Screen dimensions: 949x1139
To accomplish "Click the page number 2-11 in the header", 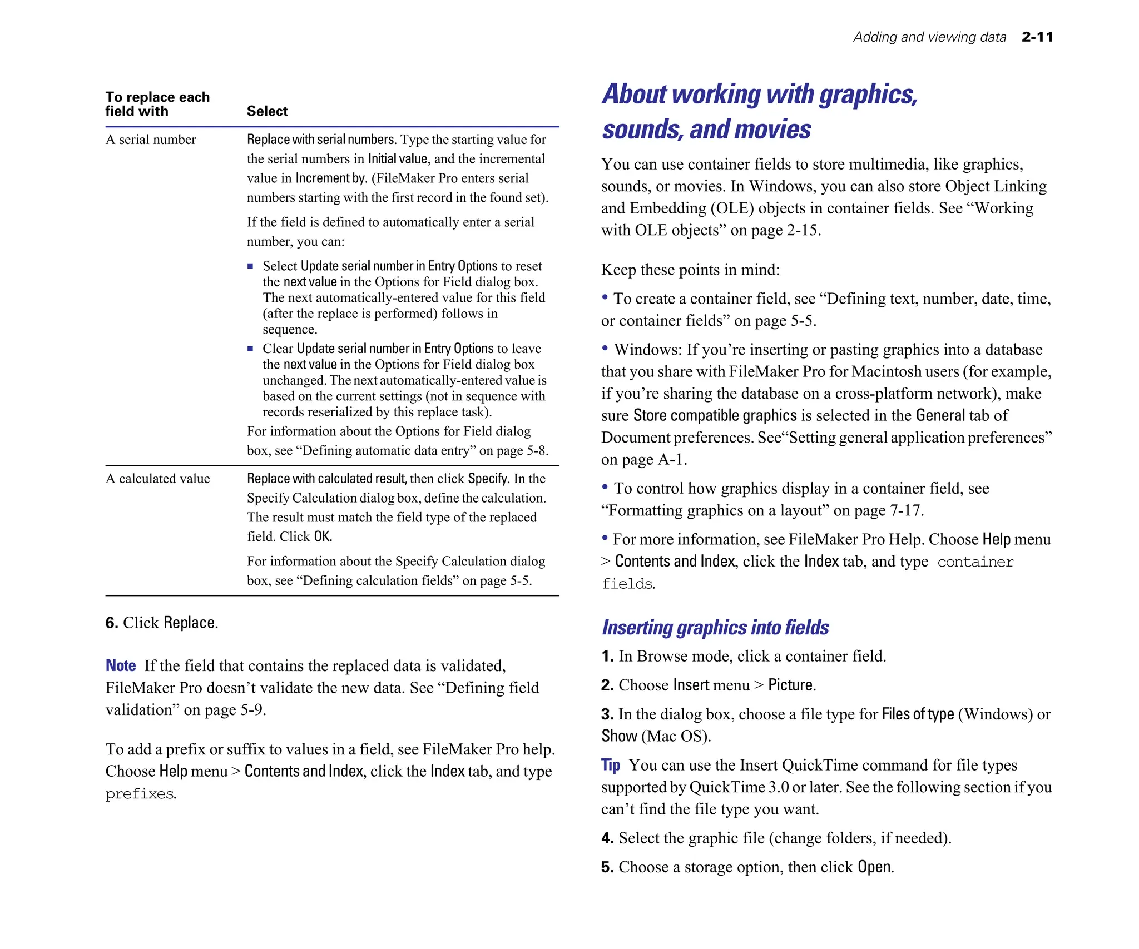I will click(1037, 37).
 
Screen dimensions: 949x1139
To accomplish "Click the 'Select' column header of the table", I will click(267, 111).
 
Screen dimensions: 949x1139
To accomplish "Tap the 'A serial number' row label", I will click(151, 140).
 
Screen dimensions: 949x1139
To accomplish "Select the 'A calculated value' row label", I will click(158, 479).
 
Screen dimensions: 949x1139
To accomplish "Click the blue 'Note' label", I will click(121, 665).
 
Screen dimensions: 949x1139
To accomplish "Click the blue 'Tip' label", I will click(610, 765).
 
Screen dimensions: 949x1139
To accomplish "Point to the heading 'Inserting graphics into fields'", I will click(715, 628).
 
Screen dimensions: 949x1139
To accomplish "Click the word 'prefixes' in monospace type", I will click(140, 794).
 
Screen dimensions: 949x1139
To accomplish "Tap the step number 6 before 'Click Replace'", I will click(111, 623).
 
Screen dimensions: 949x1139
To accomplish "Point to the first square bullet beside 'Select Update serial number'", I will click(250, 266).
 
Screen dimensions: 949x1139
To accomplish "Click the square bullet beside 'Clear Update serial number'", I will click(250, 349).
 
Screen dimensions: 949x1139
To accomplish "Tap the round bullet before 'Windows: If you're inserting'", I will click(605, 348).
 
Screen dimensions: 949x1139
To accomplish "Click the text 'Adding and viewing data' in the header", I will click(929, 37).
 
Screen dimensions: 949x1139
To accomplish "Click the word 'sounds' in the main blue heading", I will click(641, 130).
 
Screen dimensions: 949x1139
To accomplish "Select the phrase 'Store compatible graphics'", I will click(715, 415).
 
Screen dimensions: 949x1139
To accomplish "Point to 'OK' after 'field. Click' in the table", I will click(322, 536).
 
